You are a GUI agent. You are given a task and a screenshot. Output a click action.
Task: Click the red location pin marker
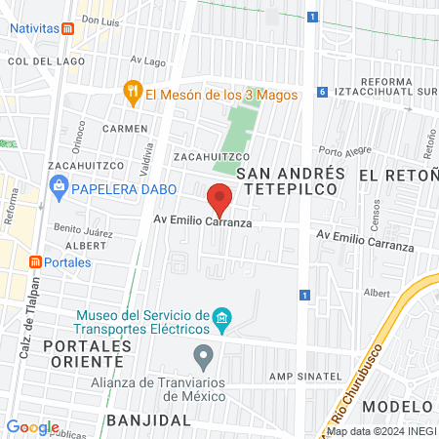(x=221, y=199)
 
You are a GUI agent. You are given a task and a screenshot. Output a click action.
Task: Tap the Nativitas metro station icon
(x=66, y=28)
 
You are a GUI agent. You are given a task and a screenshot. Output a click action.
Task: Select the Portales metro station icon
(x=35, y=261)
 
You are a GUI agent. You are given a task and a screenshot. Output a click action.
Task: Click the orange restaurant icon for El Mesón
(x=134, y=94)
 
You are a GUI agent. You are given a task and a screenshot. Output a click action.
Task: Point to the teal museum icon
(x=222, y=317)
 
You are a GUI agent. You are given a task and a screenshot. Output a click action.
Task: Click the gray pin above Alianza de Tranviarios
(x=203, y=355)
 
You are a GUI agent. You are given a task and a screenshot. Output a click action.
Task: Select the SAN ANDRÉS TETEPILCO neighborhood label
(x=292, y=182)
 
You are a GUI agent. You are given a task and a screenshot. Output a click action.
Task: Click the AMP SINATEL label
(x=305, y=376)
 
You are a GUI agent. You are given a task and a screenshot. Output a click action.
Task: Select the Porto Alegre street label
(x=344, y=151)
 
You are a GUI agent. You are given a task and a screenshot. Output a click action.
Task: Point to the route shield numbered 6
(x=322, y=92)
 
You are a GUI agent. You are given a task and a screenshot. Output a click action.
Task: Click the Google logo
(x=33, y=426)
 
